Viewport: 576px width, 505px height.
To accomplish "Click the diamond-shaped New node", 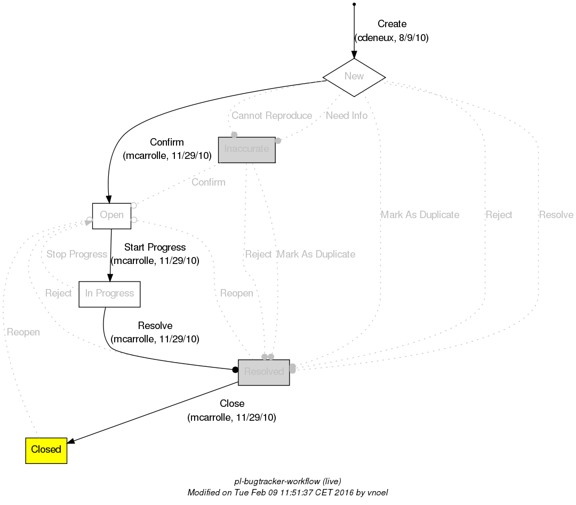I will click(x=354, y=77).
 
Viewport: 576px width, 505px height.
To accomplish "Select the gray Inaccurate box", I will click(x=247, y=149).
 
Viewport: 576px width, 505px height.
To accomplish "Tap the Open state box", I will click(x=111, y=215).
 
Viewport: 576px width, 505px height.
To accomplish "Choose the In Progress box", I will click(x=109, y=294).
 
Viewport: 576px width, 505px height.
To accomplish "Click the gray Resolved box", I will click(x=263, y=372).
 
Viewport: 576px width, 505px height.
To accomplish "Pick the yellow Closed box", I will click(x=46, y=450).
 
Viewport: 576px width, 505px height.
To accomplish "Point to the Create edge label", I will click(x=391, y=24).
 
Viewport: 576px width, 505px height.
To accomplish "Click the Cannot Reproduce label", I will click(x=271, y=116).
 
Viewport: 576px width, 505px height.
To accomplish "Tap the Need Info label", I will click(x=346, y=116).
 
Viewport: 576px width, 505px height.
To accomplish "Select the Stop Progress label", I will click(x=77, y=254).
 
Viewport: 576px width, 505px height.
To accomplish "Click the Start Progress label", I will click(x=155, y=247).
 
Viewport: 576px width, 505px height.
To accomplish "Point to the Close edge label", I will click(x=232, y=404).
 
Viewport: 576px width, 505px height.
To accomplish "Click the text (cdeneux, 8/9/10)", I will click(x=391, y=38).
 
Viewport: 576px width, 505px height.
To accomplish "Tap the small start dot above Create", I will click(x=354, y=4).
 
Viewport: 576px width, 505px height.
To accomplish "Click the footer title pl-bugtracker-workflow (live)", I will click(x=288, y=481).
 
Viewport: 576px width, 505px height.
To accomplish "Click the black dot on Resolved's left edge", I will click(x=235, y=370).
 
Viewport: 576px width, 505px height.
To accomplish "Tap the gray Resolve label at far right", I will click(x=556, y=215).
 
